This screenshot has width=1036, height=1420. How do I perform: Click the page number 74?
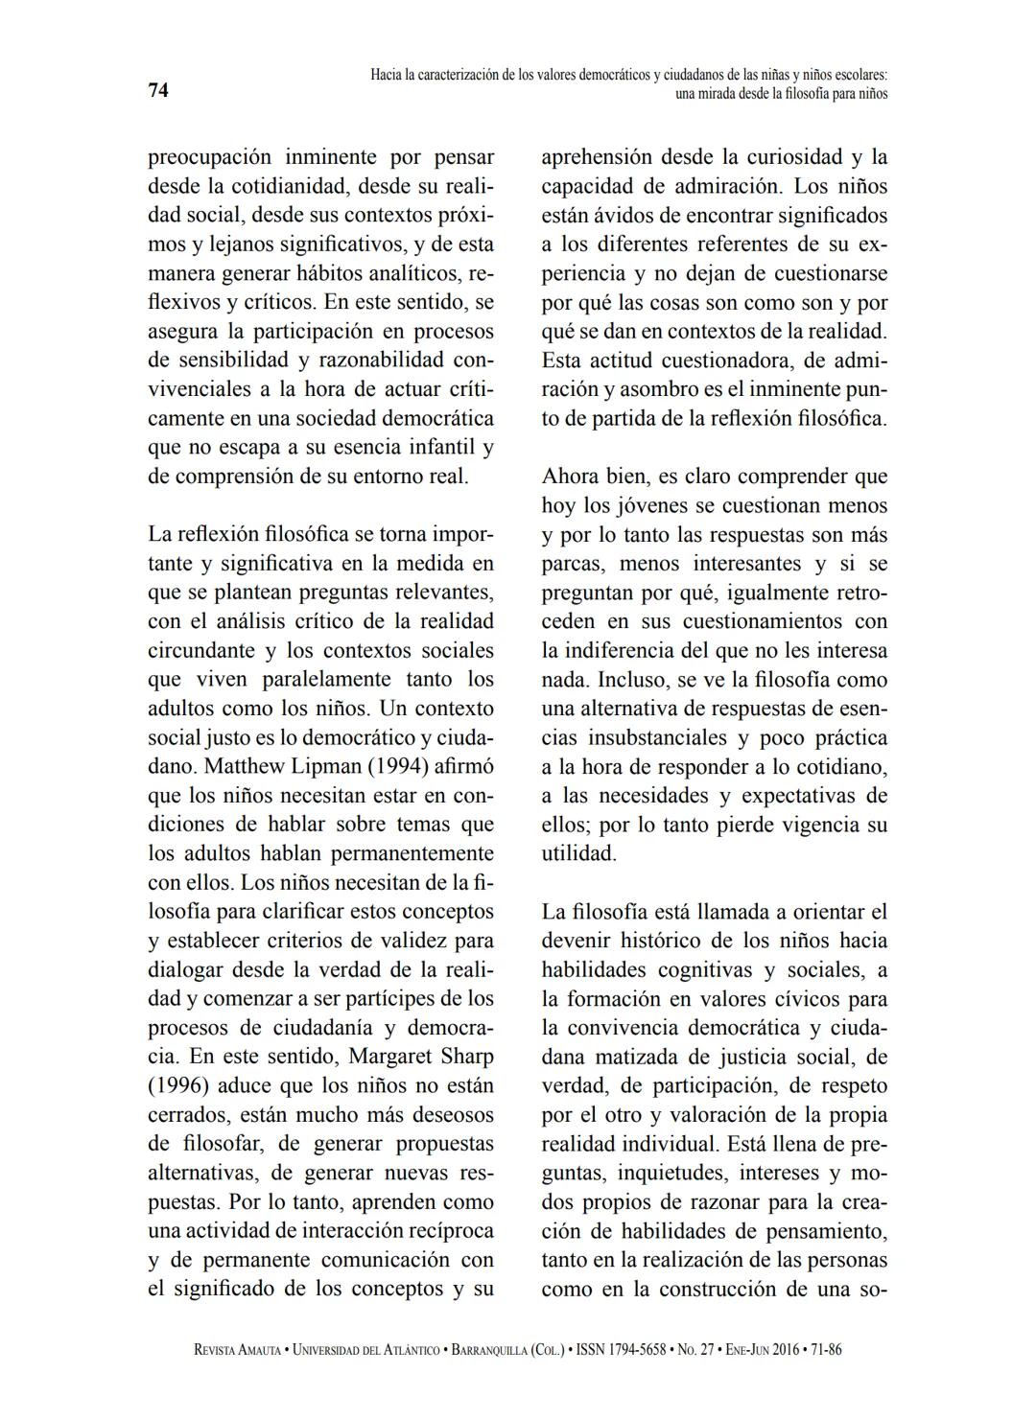158,91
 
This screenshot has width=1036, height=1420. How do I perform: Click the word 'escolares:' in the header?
857,74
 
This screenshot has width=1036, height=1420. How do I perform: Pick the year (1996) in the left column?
177,1086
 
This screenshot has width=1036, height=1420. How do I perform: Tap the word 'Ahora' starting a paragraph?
570,477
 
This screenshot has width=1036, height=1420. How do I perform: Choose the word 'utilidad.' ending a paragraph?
578,853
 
